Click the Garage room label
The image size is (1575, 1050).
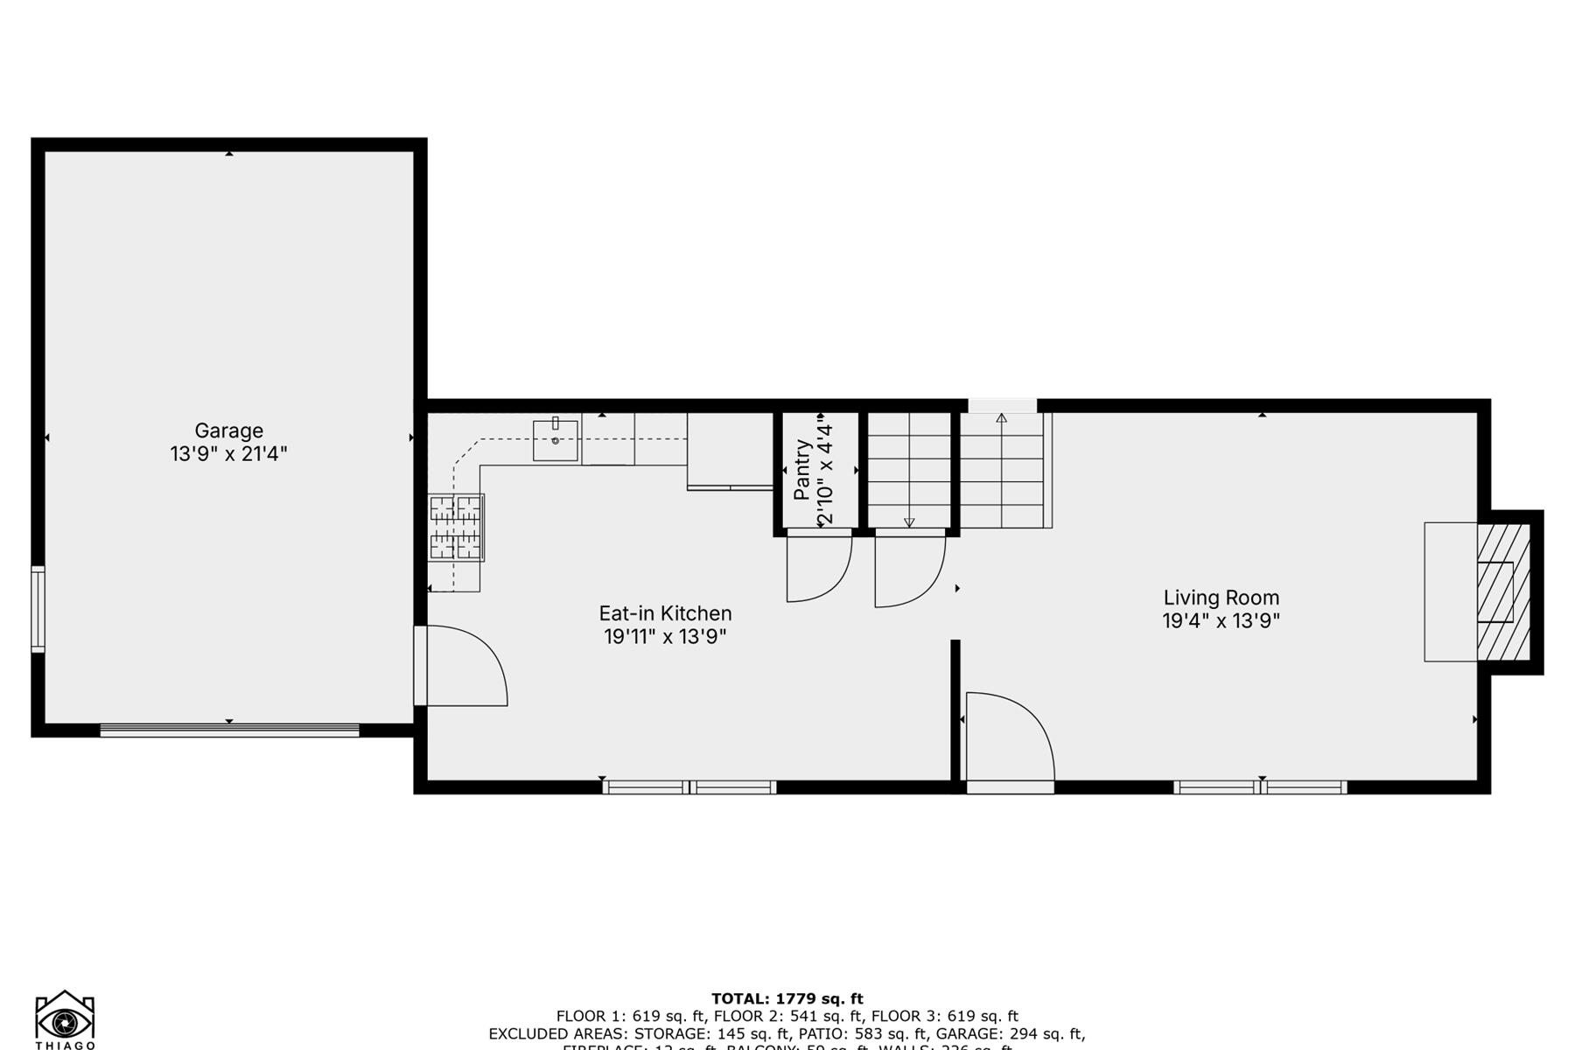228,430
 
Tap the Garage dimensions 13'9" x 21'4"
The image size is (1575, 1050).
228,454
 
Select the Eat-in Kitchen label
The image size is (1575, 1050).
665,613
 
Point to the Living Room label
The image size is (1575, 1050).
1221,598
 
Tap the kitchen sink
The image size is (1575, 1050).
555,440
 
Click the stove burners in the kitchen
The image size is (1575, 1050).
456,528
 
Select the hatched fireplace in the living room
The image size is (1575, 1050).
1503,592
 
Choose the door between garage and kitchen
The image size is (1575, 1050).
460,665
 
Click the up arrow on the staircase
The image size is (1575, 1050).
1001,418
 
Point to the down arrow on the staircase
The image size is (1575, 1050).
909,522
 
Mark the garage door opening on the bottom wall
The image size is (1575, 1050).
229,731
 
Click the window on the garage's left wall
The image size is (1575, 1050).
38,609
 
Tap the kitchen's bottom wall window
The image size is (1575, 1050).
689,787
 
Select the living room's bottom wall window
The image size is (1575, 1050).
1260,787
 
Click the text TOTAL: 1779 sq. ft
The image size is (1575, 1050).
787,998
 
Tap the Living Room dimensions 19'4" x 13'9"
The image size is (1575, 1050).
1221,621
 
